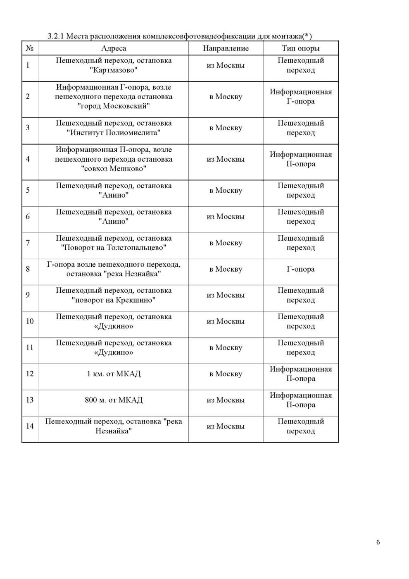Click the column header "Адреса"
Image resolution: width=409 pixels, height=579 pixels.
coord(114,48)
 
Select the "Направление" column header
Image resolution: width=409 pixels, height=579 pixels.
coord(226,48)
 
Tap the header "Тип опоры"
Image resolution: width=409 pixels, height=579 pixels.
coord(300,48)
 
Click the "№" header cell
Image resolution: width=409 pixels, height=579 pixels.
coord(30,48)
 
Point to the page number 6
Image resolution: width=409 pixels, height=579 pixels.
coord(378,542)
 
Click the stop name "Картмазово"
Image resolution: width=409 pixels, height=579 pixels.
coord(114,70)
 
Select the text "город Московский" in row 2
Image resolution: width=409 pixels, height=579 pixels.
coord(114,106)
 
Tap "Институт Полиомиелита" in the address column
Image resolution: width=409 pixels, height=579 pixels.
coord(114,133)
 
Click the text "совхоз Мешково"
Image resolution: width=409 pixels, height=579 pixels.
coord(114,169)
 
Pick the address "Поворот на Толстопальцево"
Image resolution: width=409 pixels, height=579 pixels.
coord(114,248)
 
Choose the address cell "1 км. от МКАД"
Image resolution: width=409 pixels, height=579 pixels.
coord(114,374)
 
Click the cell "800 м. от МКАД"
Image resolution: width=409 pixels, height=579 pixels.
coord(114,400)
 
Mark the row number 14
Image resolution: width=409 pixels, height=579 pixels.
coord(30,426)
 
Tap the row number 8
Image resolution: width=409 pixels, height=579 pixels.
coord(28,269)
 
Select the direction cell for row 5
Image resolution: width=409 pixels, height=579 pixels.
coord(226,191)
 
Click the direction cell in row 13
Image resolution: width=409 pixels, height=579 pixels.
coord(226,400)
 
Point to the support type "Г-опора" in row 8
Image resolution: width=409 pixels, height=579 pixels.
coord(300,269)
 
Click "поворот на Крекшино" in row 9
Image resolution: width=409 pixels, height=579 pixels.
coord(114,300)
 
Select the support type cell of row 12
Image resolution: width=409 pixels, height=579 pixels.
coord(300,374)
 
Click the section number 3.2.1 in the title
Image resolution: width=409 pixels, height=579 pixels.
coord(56,36)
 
